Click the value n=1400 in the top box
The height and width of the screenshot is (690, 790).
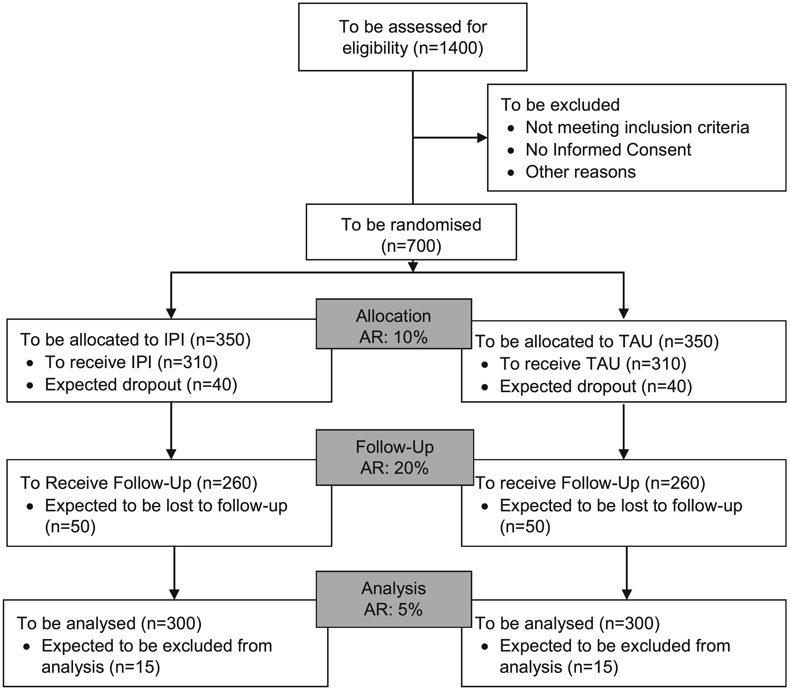coord(448,49)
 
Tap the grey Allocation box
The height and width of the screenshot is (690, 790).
coord(394,324)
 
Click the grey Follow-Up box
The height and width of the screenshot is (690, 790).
coord(395,457)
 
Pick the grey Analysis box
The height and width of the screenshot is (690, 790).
coord(394,599)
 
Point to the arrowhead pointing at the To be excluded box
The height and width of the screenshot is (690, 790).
coord(482,137)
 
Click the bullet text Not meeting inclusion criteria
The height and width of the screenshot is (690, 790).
coord(637,127)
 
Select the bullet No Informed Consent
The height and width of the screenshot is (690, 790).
coord(608,150)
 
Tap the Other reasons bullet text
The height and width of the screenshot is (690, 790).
coord(581,172)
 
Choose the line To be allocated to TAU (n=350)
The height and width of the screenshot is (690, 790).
coord(597,342)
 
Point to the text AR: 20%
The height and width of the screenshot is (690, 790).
coord(394,468)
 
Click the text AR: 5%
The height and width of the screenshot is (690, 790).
coord(393,609)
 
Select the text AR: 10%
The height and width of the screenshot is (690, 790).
coord(394,337)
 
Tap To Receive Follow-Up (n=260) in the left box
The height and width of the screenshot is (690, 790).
coord(138,483)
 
